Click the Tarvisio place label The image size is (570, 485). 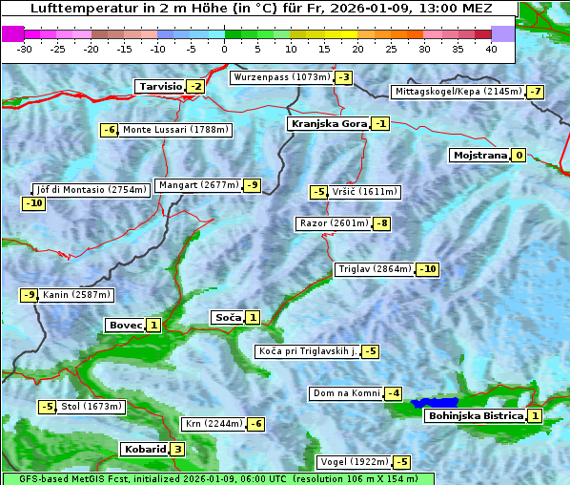[x=159, y=86]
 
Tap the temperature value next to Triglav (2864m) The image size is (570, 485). [x=428, y=269]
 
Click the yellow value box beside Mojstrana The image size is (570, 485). [x=519, y=155]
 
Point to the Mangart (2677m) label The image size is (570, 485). [x=199, y=185]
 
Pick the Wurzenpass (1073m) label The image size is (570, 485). [x=282, y=77]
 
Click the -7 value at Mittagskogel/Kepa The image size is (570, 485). [x=537, y=92]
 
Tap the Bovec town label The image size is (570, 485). [x=125, y=326]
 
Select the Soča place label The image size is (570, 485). [x=227, y=317]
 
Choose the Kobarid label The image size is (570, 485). [x=144, y=450]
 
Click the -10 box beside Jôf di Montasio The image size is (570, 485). [x=34, y=203]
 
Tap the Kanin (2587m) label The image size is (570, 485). [x=77, y=295]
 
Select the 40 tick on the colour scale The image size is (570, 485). [x=492, y=48]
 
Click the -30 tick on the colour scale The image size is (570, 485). [x=25, y=48]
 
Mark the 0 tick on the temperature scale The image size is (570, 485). [x=225, y=48]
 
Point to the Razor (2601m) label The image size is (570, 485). [x=333, y=223]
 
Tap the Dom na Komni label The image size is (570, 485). [x=345, y=393]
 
